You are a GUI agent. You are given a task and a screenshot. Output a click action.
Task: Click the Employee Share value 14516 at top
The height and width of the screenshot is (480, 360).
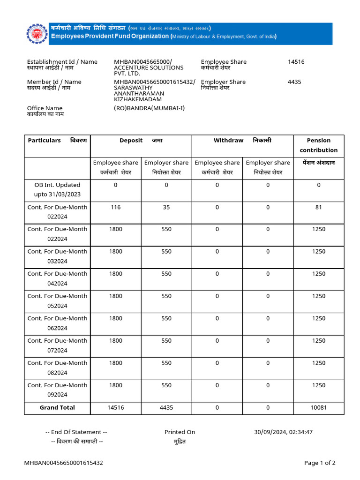pyautogui.click(x=296, y=62)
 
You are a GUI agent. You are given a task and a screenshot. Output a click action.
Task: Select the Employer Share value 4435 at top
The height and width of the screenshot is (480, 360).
pyautogui.click(x=294, y=82)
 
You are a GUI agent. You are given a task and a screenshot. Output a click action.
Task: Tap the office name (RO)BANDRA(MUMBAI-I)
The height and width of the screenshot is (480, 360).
pyautogui.click(x=150, y=108)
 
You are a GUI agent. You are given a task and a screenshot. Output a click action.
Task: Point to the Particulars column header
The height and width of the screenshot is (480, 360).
pyautogui.click(x=45, y=140)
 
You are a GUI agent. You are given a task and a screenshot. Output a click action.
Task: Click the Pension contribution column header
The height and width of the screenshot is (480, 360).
pyautogui.click(x=319, y=145)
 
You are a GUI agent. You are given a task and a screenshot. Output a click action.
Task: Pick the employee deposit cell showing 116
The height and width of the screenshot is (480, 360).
pyautogui.click(x=116, y=207)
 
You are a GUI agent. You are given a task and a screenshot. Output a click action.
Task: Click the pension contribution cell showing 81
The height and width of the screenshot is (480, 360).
pyautogui.click(x=319, y=207)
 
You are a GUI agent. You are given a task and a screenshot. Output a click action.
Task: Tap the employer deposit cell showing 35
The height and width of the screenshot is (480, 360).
pyautogui.click(x=166, y=207)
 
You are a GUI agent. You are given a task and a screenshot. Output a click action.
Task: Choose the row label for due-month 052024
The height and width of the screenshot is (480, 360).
pyautogui.click(x=57, y=300)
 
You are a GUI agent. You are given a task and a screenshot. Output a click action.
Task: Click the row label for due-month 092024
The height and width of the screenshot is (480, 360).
pyautogui.click(x=57, y=390)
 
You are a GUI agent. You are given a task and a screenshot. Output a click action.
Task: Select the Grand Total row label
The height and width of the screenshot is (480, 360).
pyautogui.click(x=57, y=407)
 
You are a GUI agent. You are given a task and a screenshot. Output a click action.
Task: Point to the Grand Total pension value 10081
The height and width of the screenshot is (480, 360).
pyautogui.click(x=319, y=407)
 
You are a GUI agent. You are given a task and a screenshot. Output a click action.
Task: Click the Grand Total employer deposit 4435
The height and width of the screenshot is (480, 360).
pyautogui.click(x=166, y=407)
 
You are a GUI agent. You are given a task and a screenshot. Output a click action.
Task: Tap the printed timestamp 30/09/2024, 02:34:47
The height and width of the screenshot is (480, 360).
pyautogui.click(x=283, y=432)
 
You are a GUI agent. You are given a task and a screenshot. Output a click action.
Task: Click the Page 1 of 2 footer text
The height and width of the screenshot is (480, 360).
pyautogui.click(x=320, y=463)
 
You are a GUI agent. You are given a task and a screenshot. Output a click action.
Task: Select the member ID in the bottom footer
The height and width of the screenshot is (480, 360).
pyautogui.click(x=64, y=463)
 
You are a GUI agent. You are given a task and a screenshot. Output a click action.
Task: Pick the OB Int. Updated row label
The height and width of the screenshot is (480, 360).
pyautogui.click(x=57, y=189)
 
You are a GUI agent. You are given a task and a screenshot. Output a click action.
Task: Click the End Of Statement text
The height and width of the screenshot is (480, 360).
pyautogui.click(x=76, y=432)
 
